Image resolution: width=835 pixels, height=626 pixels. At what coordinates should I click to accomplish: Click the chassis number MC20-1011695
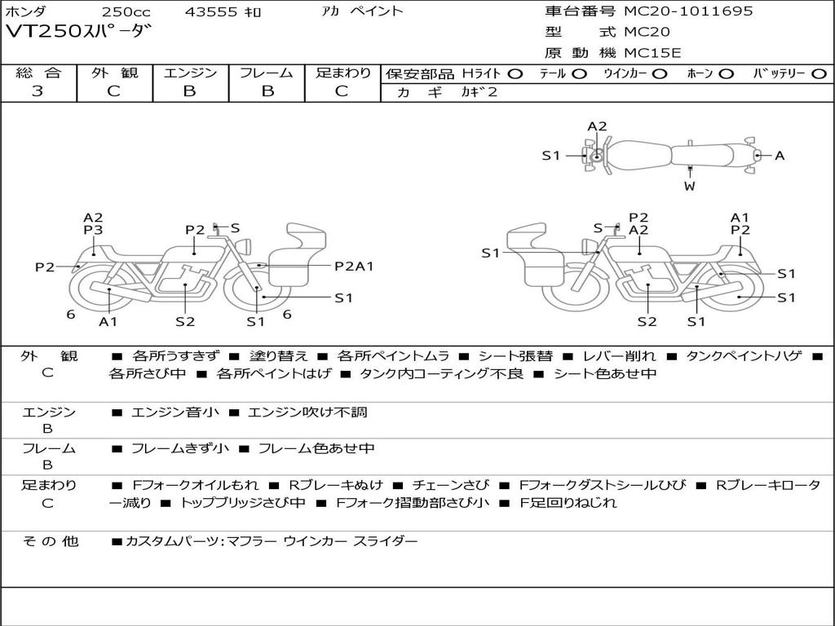(688, 11)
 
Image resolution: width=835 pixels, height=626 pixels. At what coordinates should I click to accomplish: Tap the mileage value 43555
(211, 12)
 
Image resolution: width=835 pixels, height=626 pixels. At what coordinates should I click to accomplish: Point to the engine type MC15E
(652, 53)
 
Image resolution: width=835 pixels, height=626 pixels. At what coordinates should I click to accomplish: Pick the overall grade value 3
(38, 91)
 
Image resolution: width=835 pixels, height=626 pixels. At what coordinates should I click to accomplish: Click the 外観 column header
(115, 73)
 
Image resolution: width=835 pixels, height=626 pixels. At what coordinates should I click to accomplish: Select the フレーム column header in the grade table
(267, 73)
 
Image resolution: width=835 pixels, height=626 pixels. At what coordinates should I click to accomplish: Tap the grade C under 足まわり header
(342, 91)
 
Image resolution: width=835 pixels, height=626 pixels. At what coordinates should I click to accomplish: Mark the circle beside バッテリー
(819, 73)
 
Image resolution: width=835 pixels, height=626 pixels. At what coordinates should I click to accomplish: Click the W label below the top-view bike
(690, 186)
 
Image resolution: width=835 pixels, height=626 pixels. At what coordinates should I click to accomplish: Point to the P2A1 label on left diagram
(354, 266)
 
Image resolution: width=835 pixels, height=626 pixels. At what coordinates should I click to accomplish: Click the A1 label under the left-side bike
(108, 321)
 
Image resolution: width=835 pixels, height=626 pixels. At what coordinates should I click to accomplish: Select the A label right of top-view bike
(780, 155)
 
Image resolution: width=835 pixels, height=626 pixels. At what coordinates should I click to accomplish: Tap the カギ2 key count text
(480, 92)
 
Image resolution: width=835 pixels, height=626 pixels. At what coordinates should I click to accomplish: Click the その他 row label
(50, 540)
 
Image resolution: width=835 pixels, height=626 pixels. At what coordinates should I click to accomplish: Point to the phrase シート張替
(519, 356)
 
